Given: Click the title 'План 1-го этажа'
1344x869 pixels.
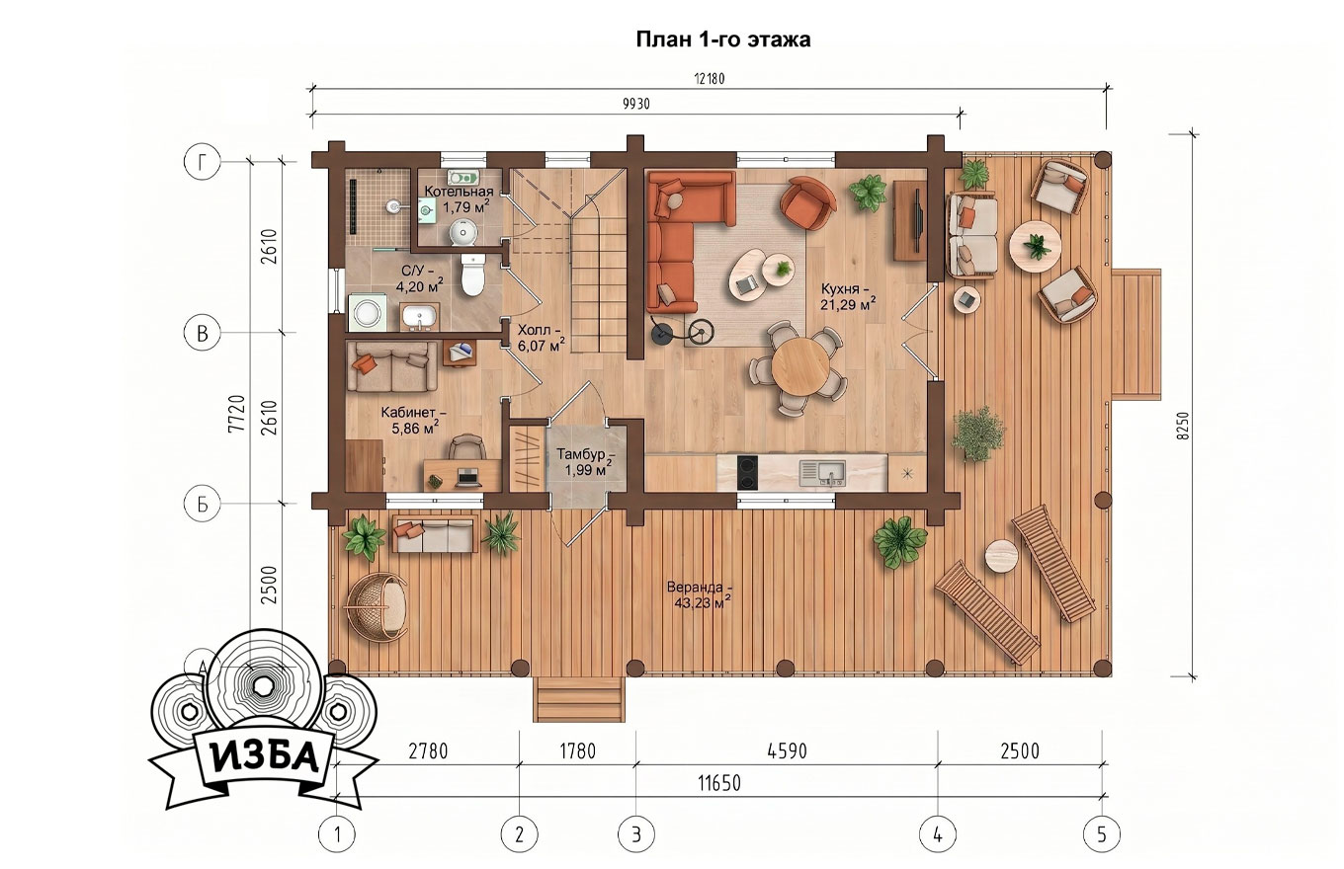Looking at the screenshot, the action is (723, 39).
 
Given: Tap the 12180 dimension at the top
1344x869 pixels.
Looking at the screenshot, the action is (710, 79).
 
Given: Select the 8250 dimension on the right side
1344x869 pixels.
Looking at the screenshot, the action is (1183, 426).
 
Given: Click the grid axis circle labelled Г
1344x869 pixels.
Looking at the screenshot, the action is (203, 161).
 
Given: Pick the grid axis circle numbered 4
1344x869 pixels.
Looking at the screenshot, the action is (938, 833).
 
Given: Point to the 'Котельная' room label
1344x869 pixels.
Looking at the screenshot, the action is (459, 192).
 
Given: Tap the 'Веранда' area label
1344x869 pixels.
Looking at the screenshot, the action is (700, 588).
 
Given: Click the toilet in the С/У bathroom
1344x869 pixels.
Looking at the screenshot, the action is (472, 276).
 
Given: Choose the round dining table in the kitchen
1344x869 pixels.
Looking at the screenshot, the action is (799, 365).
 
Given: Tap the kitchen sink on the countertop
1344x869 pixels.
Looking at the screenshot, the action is (822, 473).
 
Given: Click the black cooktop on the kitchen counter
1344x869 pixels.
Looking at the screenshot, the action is (747, 473).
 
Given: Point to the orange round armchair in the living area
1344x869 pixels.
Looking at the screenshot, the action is (807, 202).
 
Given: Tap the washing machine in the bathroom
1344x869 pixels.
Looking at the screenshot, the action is (367, 312).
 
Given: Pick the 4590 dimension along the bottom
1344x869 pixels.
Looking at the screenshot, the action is (788, 750).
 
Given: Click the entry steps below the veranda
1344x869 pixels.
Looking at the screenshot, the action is (579, 699).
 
